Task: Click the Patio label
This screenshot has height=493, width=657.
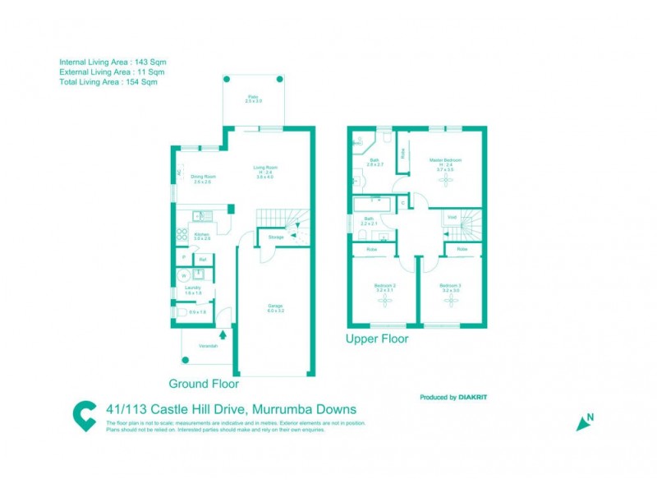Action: (254, 99)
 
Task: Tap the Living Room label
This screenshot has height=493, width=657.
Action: (264, 169)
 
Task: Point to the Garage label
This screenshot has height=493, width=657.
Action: (275, 308)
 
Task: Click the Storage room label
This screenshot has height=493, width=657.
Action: (276, 237)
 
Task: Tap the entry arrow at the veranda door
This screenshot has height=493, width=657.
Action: (223, 334)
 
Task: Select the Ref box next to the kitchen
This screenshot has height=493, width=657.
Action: (202, 260)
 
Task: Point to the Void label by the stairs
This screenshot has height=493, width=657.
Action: (451, 217)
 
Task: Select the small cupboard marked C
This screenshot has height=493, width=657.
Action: (402, 201)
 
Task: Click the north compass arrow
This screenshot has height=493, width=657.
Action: (585, 422)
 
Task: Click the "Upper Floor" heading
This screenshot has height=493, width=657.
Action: (377, 339)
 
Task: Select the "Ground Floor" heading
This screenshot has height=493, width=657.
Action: (204, 384)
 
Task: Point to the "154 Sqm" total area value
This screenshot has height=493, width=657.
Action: (140, 82)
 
